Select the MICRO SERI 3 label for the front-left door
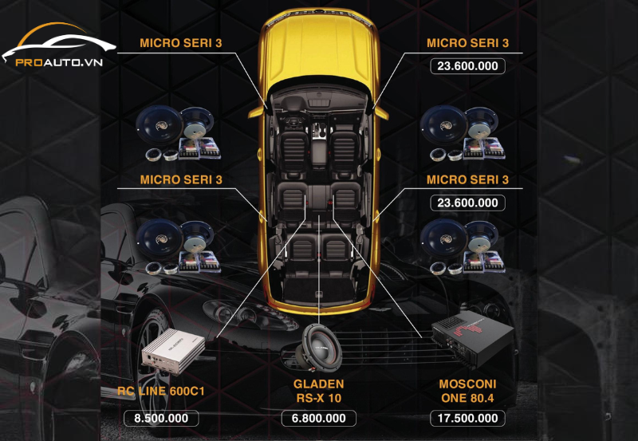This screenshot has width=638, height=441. tap(181, 43)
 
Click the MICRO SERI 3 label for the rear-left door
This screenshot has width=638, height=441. tap(181, 179)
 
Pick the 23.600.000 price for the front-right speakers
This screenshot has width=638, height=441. tap(467, 66)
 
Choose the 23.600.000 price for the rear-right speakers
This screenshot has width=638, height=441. tap(467, 203)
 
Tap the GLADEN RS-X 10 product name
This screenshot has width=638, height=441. tap(319, 390)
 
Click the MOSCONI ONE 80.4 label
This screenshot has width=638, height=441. tap(468, 390)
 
